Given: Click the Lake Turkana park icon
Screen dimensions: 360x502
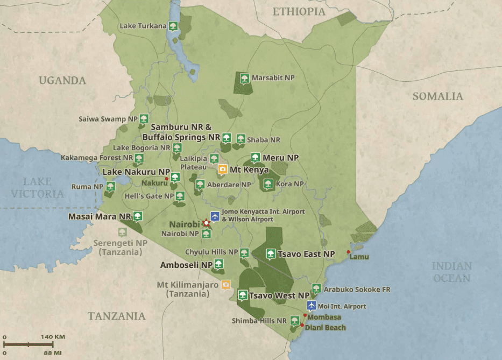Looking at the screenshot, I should (x=173, y=26).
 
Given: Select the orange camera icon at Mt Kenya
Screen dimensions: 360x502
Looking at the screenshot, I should (x=222, y=170).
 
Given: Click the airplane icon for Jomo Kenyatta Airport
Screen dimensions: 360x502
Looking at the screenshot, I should (x=215, y=216).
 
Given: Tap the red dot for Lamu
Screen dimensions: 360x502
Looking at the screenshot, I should (x=349, y=252).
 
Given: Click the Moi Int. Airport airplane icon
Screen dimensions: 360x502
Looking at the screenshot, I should (x=311, y=306).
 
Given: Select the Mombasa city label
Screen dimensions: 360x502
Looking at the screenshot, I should (x=324, y=317).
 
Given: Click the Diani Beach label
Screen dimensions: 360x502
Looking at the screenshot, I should (x=326, y=327).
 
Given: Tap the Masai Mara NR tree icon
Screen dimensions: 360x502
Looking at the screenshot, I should (x=138, y=216).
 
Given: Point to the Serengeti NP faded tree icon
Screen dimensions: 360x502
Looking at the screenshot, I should (x=123, y=232).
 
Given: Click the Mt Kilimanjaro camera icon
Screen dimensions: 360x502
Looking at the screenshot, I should (x=227, y=284).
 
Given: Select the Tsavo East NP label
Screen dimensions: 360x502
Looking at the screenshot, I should (x=306, y=254).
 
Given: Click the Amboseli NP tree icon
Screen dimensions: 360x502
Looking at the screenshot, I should (x=218, y=264).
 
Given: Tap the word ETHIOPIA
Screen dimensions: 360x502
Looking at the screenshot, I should (x=299, y=11).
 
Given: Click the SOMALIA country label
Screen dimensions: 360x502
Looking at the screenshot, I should (x=437, y=96).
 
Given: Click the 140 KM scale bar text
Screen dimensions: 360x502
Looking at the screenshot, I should (x=53, y=337).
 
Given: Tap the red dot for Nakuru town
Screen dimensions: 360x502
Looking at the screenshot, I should (x=167, y=179).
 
